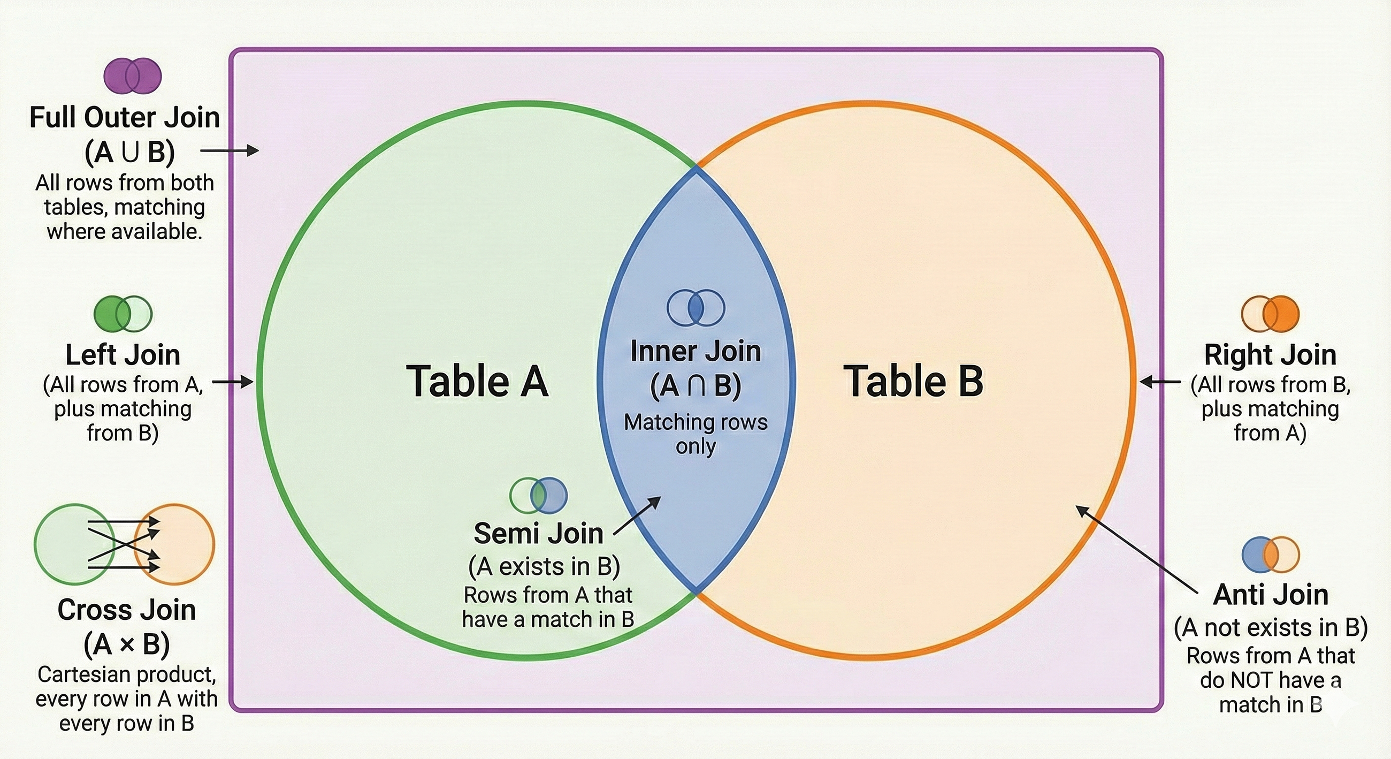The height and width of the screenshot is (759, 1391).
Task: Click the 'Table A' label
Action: tap(477, 381)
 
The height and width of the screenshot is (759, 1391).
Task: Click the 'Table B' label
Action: tap(913, 381)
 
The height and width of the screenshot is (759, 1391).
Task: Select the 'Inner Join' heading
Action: tap(695, 351)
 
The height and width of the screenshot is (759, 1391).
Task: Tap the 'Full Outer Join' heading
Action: tap(125, 117)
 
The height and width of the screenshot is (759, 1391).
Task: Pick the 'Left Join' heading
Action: tap(123, 355)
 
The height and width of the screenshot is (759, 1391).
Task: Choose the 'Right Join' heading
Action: tap(1270, 355)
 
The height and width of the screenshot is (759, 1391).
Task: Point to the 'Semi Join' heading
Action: tap(538, 534)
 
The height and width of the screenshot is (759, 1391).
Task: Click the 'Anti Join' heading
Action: tap(1271, 595)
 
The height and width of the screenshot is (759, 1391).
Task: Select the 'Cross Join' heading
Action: tap(126, 610)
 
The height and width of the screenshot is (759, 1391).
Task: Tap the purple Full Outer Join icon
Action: tap(133, 75)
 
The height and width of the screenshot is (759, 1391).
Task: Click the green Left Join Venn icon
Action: tap(123, 314)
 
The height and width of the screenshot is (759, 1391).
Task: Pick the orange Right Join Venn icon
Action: tap(1270, 314)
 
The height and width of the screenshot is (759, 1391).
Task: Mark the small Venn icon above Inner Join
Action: tap(695, 307)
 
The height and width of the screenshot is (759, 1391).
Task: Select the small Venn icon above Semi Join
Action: tap(538, 495)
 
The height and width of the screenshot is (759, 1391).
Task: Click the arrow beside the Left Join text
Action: tap(233, 383)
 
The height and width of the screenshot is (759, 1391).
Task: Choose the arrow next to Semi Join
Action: tap(637, 516)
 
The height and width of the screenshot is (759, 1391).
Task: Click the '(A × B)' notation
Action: tap(126, 643)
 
